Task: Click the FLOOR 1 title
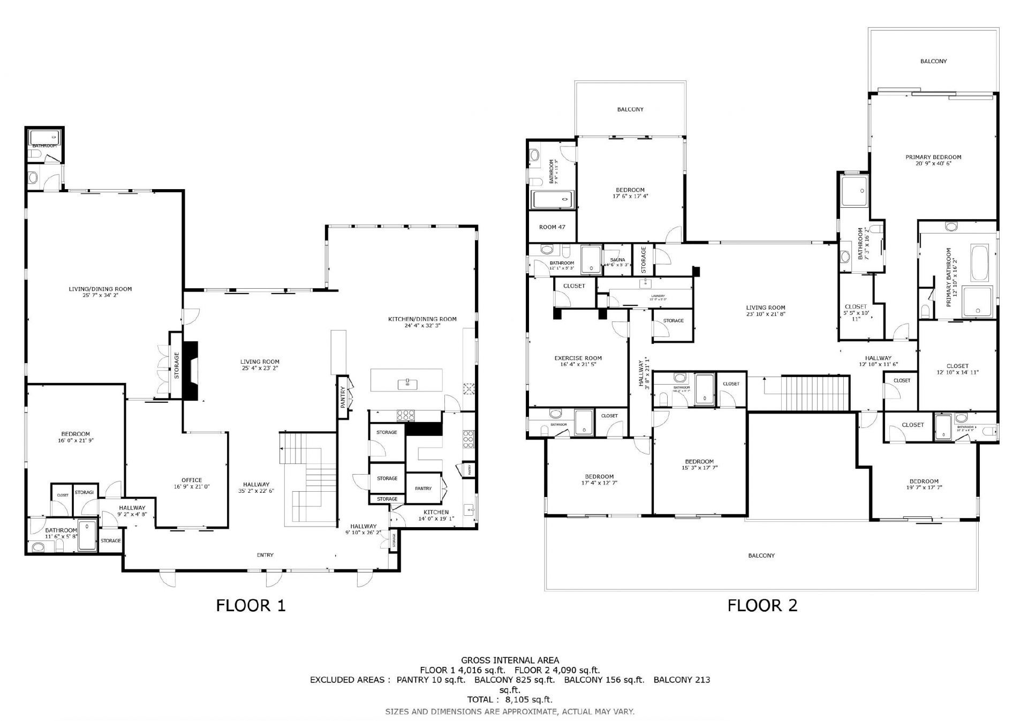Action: click(x=251, y=605)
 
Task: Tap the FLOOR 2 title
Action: click(x=762, y=605)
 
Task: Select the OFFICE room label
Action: click(x=192, y=480)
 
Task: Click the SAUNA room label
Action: click(x=617, y=260)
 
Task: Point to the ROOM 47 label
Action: click(x=552, y=227)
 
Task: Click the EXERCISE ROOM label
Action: click(x=578, y=358)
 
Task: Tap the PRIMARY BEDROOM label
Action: click(x=933, y=157)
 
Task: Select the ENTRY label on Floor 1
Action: click(x=265, y=555)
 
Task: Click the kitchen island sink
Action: click(x=407, y=383)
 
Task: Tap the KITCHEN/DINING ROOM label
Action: click(x=422, y=319)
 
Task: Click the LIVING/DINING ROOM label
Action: click(x=100, y=289)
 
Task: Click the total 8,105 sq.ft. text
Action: click(x=510, y=699)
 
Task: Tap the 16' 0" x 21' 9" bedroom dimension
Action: click(x=75, y=440)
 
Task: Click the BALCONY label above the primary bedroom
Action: click(x=933, y=61)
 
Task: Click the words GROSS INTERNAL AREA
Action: click(x=510, y=660)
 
